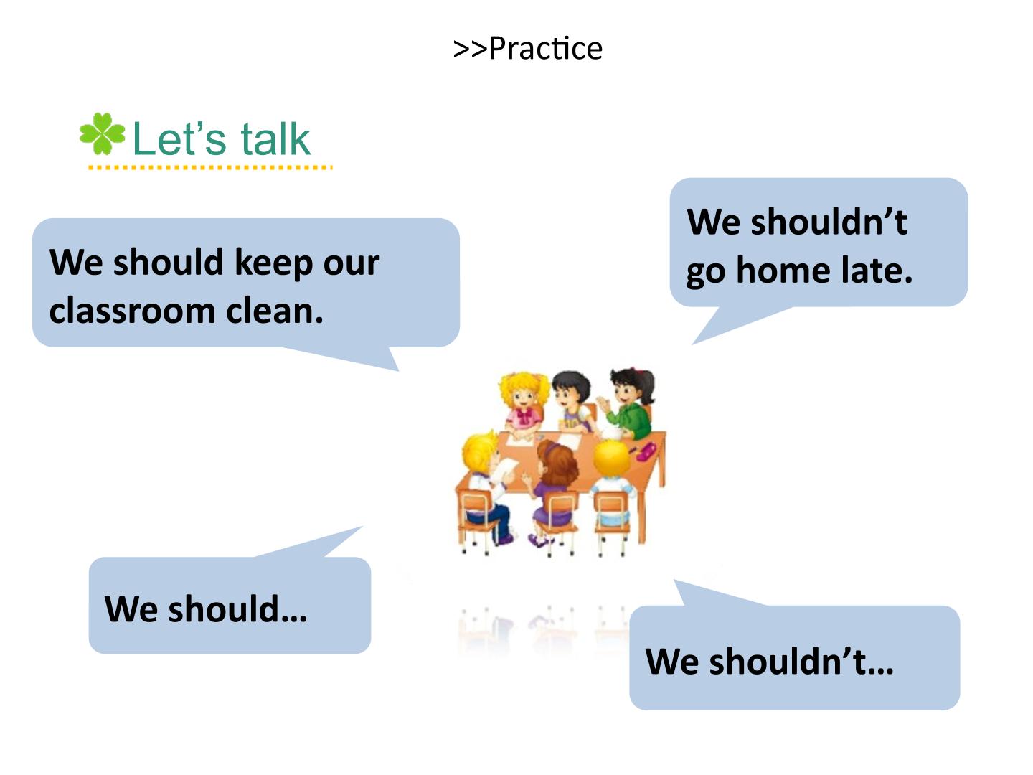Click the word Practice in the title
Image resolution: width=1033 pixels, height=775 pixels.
pos(545,49)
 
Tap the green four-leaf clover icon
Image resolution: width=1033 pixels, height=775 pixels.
pos(102,133)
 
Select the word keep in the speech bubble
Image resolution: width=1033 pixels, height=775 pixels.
pos(274,263)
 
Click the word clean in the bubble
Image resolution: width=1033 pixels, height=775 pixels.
pos(275,311)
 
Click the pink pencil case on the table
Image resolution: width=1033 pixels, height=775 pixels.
pos(646,451)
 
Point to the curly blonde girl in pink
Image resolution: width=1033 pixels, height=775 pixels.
pos(524,405)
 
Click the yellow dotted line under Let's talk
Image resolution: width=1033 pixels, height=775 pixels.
pos(210,167)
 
